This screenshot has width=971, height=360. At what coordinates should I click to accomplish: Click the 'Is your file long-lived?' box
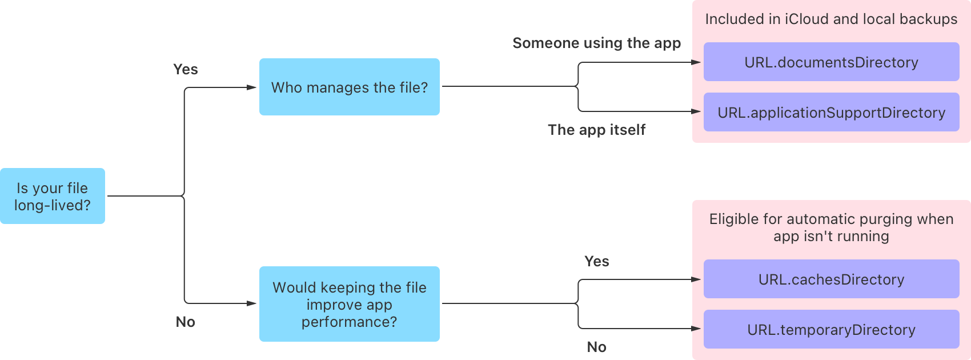[x=53, y=196]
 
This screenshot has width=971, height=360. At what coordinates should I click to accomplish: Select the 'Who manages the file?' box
[x=349, y=87]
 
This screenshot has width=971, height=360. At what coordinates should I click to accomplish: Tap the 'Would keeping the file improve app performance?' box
[x=349, y=304]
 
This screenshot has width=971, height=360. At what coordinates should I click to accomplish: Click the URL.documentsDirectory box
[x=831, y=62]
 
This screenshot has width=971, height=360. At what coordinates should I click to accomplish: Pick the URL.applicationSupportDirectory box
[x=831, y=112]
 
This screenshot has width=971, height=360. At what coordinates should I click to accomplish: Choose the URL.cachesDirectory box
[x=831, y=279]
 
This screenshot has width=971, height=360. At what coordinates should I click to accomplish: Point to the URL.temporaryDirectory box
[x=831, y=329]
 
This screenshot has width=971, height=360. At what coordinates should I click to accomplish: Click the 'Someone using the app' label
[x=596, y=43]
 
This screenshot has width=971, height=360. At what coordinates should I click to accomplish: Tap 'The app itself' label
[x=596, y=130]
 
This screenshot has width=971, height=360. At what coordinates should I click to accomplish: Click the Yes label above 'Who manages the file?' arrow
[x=185, y=69]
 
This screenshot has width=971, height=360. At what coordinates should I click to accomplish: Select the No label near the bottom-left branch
[x=185, y=322]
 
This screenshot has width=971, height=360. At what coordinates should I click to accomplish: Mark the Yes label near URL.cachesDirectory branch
[x=596, y=261]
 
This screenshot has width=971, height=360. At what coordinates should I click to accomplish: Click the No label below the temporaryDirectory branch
[x=596, y=347]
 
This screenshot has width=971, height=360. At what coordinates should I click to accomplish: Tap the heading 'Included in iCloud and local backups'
[x=831, y=19]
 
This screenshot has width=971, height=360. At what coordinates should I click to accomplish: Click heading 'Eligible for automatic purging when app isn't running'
[x=831, y=227]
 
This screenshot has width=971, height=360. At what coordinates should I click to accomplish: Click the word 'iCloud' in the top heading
[x=807, y=19]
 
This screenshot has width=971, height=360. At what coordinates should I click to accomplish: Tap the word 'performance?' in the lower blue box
[x=349, y=322]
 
